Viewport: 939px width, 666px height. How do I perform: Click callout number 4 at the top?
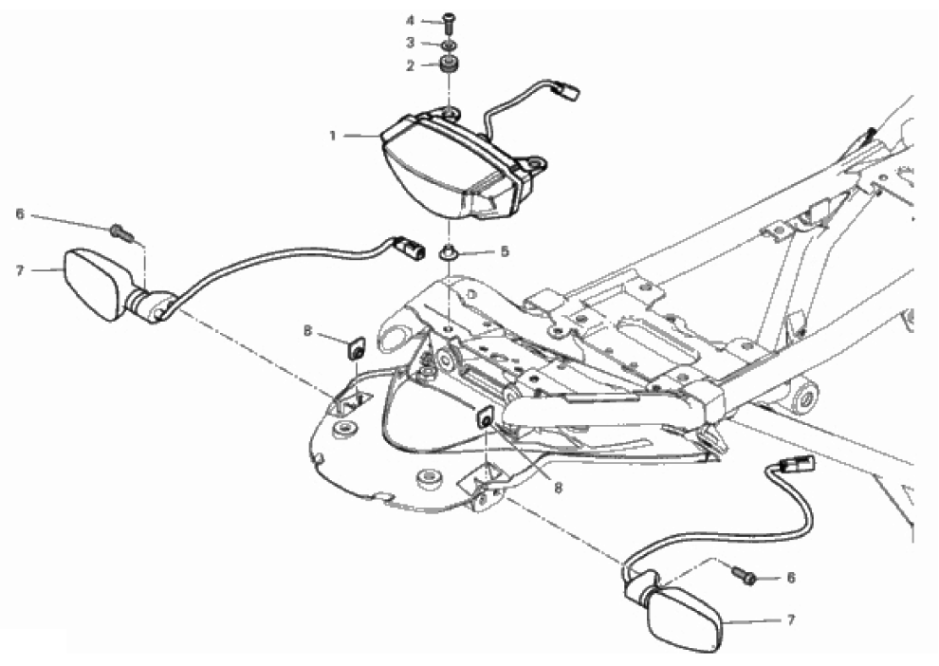[410, 21]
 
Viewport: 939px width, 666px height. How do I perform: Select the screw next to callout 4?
[449, 22]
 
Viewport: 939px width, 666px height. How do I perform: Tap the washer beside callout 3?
[449, 45]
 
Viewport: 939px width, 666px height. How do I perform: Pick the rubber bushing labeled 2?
[449, 64]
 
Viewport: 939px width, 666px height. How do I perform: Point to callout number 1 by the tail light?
[333, 136]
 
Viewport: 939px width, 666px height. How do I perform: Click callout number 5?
[505, 251]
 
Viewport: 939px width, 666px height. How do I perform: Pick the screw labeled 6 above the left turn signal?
[122, 231]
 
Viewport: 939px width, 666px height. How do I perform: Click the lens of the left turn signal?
[94, 284]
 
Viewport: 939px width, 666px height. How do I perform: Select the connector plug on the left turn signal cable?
[409, 247]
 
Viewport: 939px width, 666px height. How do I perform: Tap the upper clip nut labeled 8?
[357, 348]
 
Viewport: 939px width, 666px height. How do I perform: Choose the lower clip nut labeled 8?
[486, 417]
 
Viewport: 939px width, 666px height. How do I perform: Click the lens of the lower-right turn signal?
[685, 620]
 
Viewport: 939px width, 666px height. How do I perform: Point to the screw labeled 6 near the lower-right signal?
[745, 575]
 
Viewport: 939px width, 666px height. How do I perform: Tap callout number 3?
[410, 43]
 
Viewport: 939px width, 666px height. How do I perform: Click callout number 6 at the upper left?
[20, 213]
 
